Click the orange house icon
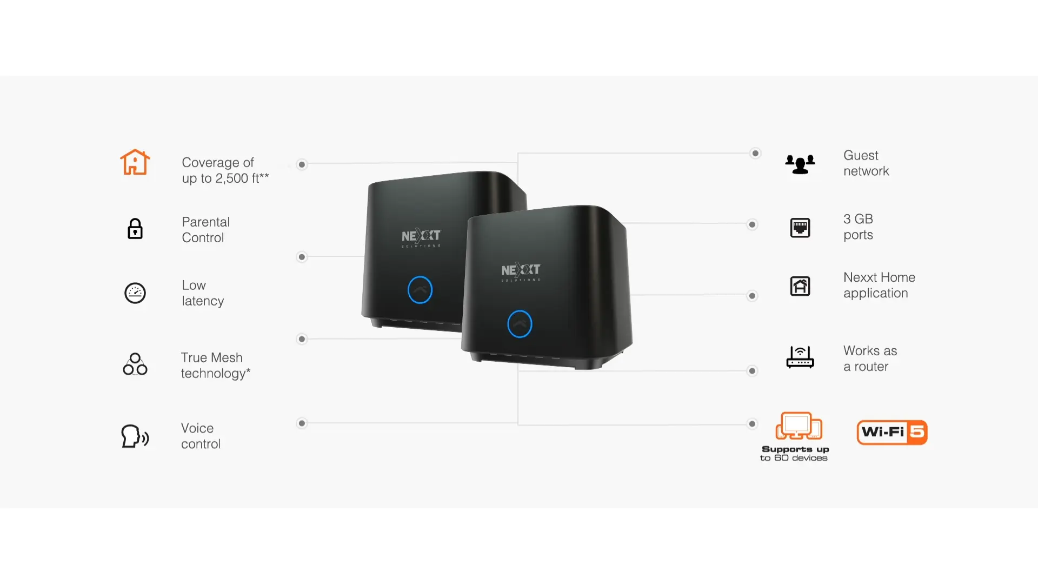[x=135, y=162]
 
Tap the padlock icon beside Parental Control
[x=135, y=229]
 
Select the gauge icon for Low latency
[x=135, y=293]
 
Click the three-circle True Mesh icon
[x=135, y=364]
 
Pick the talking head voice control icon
[x=135, y=436]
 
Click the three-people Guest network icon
[x=800, y=164]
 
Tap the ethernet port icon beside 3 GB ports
[x=800, y=228]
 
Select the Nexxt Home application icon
[x=800, y=286]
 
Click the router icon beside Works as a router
[x=800, y=357]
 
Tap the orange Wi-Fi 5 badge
[x=892, y=432]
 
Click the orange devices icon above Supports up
[x=799, y=426]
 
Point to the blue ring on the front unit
[x=520, y=324]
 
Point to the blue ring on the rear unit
[x=420, y=290]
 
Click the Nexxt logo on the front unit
[x=521, y=271]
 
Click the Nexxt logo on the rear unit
[x=421, y=237]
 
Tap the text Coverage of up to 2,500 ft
[x=225, y=170]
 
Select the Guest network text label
[x=866, y=163]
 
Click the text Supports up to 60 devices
[x=794, y=453]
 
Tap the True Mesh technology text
[x=216, y=366]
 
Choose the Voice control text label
[x=201, y=436]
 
